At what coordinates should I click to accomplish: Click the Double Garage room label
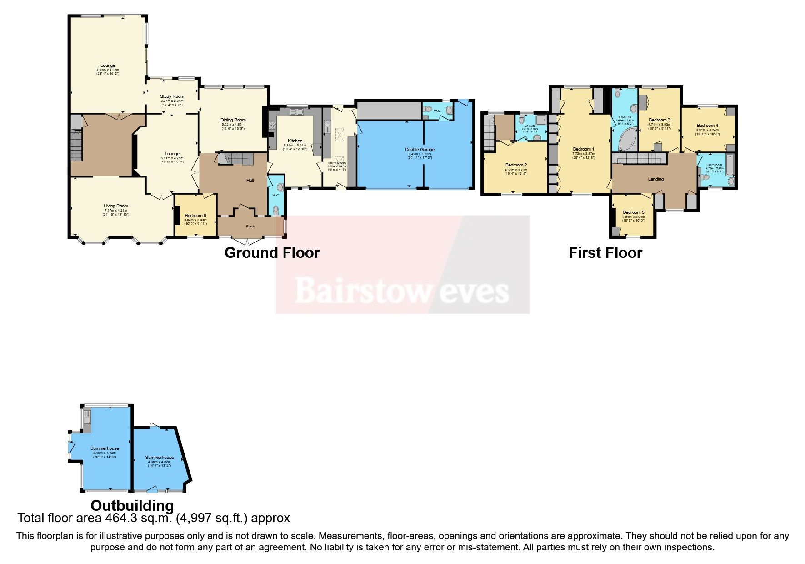[x=420, y=149]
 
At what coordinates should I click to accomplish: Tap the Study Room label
[x=172, y=96]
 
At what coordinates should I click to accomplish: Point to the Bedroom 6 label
[x=195, y=216]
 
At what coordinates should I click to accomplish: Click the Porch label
[x=250, y=226]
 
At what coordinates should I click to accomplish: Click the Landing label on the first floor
[x=655, y=179]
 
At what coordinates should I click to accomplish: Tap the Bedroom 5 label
[x=633, y=212]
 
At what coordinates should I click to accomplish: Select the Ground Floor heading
[x=272, y=253]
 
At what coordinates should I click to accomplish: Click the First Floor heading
[x=605, y=253]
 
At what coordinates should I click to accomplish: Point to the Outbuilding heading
[x=132, y=505]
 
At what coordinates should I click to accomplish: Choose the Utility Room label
[x=336, y=163]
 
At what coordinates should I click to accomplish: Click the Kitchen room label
[x=295, y=141]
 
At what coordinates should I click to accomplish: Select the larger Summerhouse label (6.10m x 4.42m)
[x=105, y=448]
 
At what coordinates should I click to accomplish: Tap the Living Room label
[x=116, y=206]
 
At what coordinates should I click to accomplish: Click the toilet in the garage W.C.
[x=449, y=110]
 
